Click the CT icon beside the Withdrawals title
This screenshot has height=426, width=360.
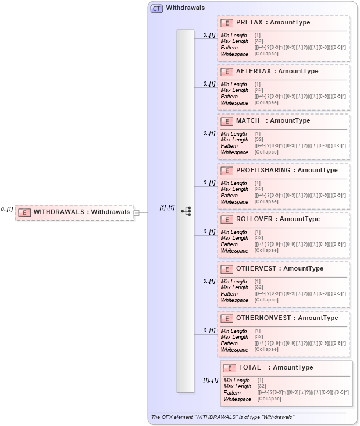coord(156,9)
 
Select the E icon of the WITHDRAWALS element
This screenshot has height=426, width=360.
coord(24,212)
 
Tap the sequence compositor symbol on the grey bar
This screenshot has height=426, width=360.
coord(186,211)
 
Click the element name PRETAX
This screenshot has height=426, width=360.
coord(249,22)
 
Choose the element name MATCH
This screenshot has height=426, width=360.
coord(248,120)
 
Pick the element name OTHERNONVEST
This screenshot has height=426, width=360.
coord(263,318)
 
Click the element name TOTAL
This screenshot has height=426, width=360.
coord(250,367)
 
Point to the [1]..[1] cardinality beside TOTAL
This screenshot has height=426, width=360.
coord(210,380)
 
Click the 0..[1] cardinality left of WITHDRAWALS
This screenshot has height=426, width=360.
coord(7,209)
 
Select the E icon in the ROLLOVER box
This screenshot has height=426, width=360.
coord(227,219)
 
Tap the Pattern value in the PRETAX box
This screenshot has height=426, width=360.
coord(300,48)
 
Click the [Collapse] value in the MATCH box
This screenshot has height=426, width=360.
coord(266,152)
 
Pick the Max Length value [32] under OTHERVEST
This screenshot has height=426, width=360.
coord(259,287)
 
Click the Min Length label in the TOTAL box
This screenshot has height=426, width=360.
coord(237,381)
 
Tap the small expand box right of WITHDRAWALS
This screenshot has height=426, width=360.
coord(137,212)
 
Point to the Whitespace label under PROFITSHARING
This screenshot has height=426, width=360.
coord(234,201)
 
